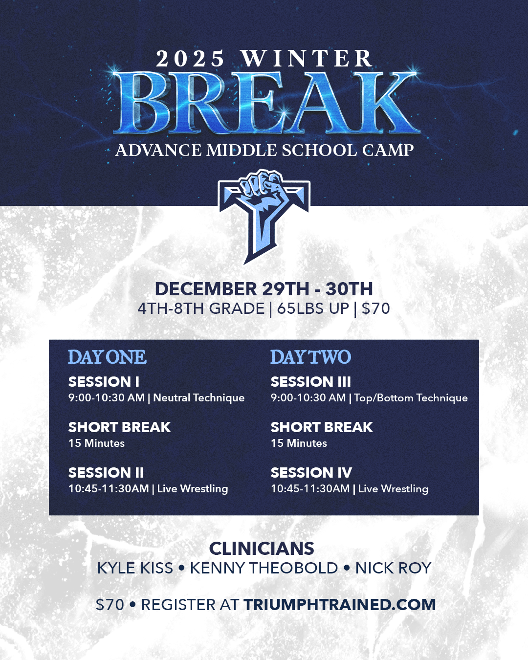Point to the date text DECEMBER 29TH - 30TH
[264, 289]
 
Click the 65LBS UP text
[313, 308]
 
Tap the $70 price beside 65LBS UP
[376, 308]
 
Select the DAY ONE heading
[107, 357]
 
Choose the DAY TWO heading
[310, 357]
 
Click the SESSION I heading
[104, 382]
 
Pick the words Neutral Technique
[199, 398]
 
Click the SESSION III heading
[310, 382]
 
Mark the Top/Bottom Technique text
[411, 398]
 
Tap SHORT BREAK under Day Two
[322, 427]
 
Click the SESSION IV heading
[311, 473]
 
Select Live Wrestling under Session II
[193, 489]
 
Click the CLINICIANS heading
[262, 549]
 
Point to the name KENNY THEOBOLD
[264, 568]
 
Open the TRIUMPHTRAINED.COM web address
[340, 604]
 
